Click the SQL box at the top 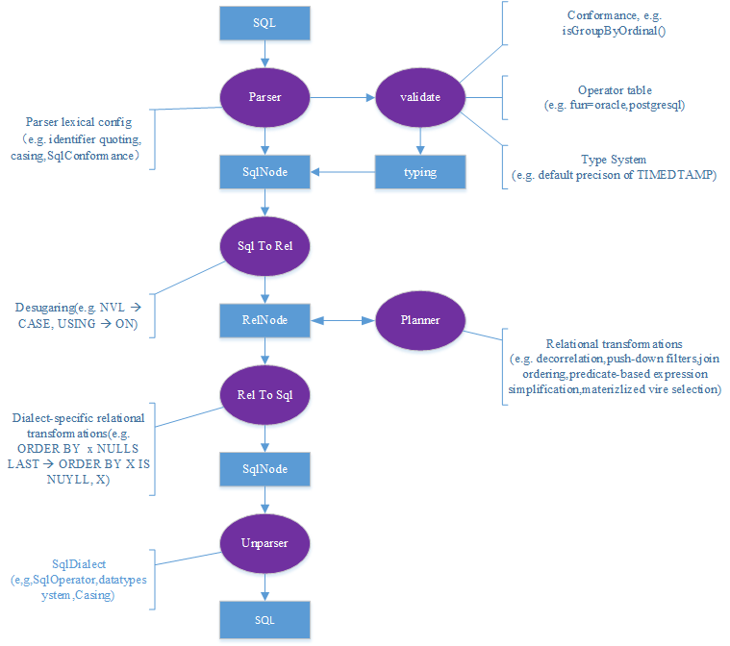pos(265,22)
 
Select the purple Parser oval pos(265,97)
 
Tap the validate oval pos(419,97)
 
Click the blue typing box pos(419,172)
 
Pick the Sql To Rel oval pos(265,244)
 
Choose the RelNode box pos(265,319)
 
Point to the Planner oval pos(419,319)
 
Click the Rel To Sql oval pos(265,393)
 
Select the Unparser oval pos(265,542)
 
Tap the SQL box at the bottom pos(265,620)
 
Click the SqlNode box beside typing pos(265,172)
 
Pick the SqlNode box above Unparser pos(265,468)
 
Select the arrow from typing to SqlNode pos(341,172)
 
